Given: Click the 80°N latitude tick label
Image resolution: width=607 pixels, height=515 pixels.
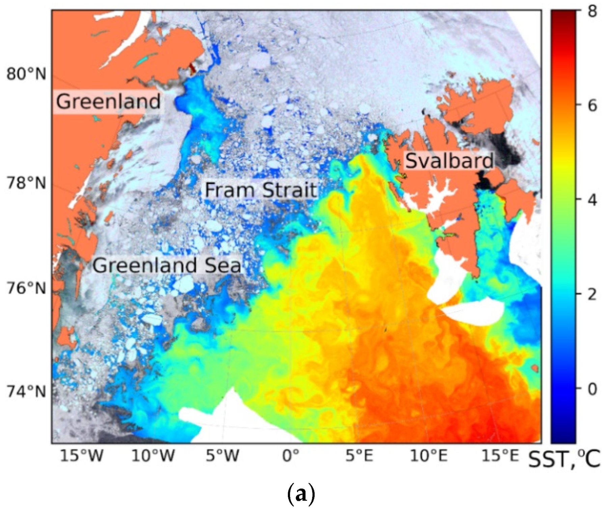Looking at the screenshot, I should tap(26, 74).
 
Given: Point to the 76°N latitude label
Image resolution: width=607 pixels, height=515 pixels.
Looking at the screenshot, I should tap(26, 288).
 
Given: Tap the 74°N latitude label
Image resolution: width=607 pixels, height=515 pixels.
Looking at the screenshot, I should tap(26, 392).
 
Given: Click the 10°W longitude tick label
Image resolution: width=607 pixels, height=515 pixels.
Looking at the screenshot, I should tap(153, 456).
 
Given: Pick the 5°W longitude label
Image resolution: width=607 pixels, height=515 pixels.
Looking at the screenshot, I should tap(222, 456).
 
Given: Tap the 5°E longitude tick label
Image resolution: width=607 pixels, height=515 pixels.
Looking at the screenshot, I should tap(359, 456).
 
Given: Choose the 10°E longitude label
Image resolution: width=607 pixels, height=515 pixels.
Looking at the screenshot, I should tap(429, 456).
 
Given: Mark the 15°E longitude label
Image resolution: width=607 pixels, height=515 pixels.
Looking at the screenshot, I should tap(500, 456).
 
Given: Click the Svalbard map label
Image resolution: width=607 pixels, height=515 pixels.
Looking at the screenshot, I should tap(449, 161).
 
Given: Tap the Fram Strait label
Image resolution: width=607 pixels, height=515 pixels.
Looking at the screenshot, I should tap(261, 190).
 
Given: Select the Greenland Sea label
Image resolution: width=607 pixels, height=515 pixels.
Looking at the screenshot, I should tap(167, 265).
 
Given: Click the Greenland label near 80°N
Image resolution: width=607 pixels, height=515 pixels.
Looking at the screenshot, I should tap(108, 101).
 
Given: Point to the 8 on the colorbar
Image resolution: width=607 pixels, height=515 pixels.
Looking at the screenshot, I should tap(592, 11).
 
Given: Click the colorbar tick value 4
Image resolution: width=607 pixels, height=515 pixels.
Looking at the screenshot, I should tap(592, 200).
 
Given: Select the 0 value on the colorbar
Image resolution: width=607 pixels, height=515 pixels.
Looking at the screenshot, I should tap(592, 389).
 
